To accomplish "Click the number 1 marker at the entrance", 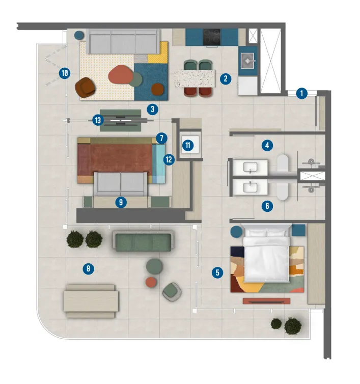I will tap(301, 94).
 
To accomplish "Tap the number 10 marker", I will tap(65, 73).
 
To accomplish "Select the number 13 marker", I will tap(98, 120).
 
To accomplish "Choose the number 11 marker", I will tap(188, 145).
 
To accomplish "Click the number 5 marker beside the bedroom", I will tap(217, 272).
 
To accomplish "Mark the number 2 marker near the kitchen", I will tap(226, 79).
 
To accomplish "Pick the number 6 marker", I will tap(267, 206).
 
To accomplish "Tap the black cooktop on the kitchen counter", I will tap(212, 36).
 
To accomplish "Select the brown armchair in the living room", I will tap(85, 87).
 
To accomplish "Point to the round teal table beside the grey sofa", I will tap(80, 36).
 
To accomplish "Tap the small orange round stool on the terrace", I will tap(151, 282).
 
